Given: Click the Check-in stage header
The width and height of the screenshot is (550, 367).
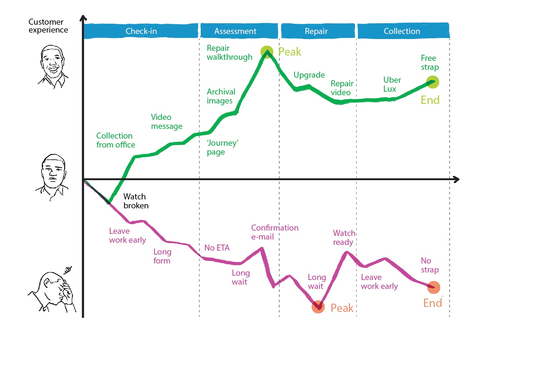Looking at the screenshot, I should point(141,31).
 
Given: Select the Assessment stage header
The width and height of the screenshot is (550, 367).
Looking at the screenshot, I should point(235,31).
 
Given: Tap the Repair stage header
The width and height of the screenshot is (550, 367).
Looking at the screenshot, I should point(316,31).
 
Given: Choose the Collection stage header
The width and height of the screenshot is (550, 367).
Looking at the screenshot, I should point(402,31).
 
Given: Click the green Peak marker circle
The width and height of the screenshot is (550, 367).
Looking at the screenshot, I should point(267,52).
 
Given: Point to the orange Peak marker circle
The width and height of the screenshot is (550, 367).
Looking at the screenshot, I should point(318,307).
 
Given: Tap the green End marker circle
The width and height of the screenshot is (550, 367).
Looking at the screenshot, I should point(433,82).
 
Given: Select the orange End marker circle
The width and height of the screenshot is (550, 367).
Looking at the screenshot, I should point(434,287).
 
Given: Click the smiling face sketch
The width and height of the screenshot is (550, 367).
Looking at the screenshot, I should point(53,67).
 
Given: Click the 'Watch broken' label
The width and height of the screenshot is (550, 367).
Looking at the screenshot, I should point(136,201).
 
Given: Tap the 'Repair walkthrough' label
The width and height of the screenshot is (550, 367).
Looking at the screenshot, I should point(229,53).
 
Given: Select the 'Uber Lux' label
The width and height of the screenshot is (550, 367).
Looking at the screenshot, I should point(392,84).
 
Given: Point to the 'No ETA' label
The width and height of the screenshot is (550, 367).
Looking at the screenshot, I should point(217,248).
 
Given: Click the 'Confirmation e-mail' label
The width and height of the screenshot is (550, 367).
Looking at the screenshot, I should point(274,232).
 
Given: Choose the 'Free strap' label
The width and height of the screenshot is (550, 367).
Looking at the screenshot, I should point(429,62).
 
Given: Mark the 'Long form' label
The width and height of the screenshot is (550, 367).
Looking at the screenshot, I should point(162,256).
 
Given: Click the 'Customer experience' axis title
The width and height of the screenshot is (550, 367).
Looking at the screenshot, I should point(48,26).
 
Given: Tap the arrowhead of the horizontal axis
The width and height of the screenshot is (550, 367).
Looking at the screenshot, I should point(456,179).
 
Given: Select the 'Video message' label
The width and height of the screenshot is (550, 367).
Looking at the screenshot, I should point(166,121).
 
